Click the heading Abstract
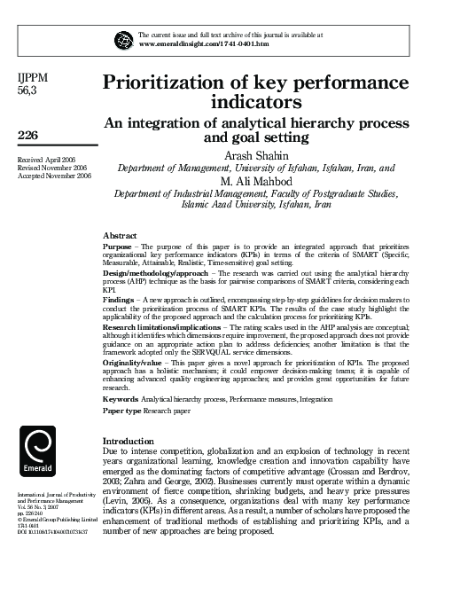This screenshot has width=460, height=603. (120, 235)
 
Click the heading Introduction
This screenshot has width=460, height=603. (129, 441)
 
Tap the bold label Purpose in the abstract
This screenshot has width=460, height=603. (118, 246)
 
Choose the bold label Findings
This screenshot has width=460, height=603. (120, 301)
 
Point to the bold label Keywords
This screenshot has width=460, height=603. (121, 401)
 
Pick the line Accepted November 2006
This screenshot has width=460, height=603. (54, 176)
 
